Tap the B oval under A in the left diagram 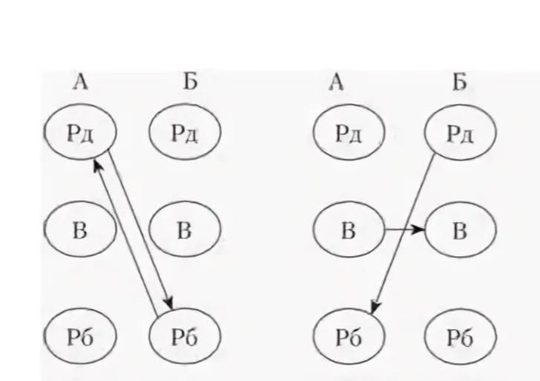coord(79,230)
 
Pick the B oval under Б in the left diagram coord(184,230)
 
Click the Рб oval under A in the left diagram coord(80,337)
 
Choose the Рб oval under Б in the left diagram coord(184,337)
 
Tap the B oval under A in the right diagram coord(348,230)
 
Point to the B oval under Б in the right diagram coord(459,230)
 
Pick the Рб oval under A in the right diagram coord(348,337)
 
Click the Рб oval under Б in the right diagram coord(459,337)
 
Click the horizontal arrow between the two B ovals coord(403,230)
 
